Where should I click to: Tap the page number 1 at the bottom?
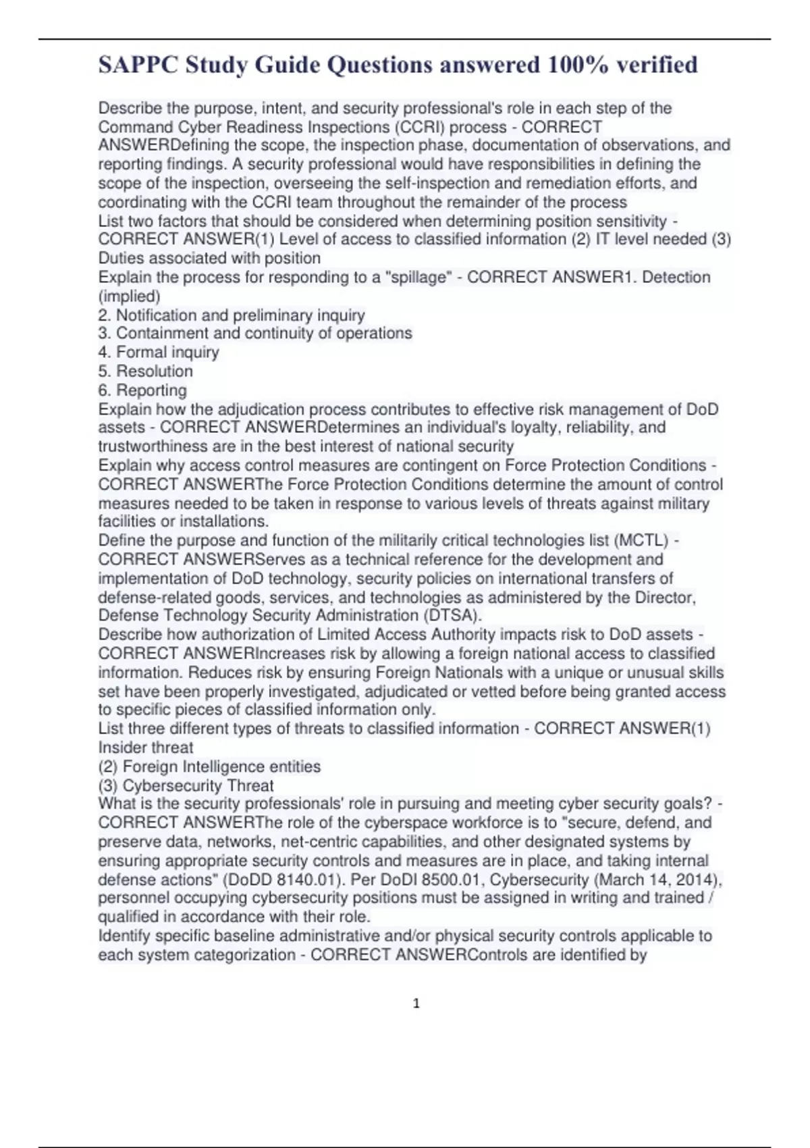416,1004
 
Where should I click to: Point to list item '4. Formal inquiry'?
159,353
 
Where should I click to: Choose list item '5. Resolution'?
145,371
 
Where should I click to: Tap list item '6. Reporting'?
142,390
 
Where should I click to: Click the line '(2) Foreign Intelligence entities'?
209,767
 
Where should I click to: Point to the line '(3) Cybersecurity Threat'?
186,786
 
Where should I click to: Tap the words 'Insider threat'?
146,748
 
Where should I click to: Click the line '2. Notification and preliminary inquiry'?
232,315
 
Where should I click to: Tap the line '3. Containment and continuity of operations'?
255,334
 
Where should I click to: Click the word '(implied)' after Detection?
130,296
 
